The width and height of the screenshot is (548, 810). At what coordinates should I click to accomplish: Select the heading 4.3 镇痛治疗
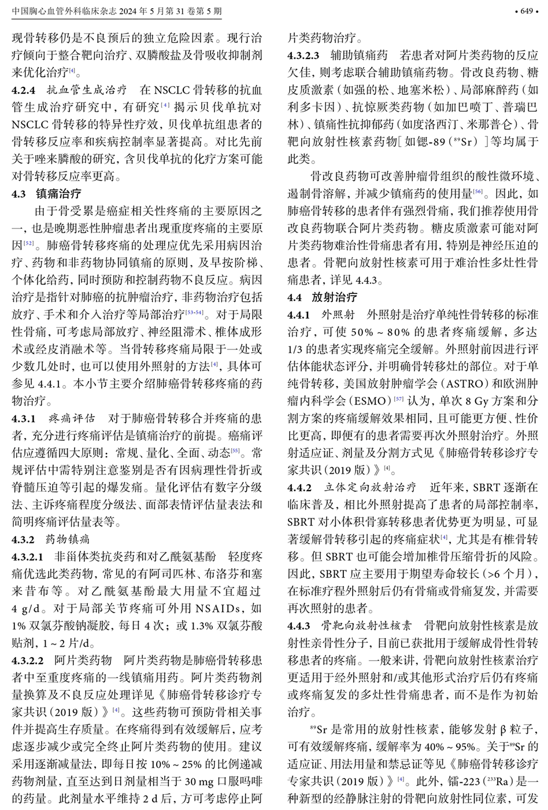pyautogui.click(x=46, y=194)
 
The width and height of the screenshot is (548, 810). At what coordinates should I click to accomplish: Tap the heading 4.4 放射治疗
pyautogui.click(x=323, y=297)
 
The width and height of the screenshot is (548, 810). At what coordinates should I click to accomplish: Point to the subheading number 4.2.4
pyautogui.click(x=24, y=90)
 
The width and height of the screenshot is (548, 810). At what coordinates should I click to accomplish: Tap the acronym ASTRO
pyautogui.click(x=460, y=384)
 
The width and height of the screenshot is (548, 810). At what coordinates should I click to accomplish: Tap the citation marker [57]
pyautogui.click(x=399, y=399)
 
